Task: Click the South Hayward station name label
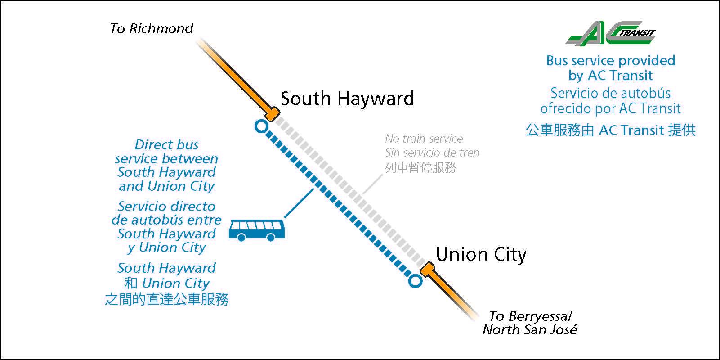[347, 99]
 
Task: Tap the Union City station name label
[481, 254]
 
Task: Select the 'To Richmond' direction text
[152, 29]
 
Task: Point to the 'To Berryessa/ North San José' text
[530, 323]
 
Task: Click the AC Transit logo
[610, 33]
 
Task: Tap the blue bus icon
[256, 230]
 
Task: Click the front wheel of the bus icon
[271, 238]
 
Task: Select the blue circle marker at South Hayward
[261, 126]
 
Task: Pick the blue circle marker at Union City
[415, 281]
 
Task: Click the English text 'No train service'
[424, 139]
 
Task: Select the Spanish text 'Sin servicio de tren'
[432, 153]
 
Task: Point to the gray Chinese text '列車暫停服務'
[420, 167]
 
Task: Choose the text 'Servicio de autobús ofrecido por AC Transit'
[610, 101]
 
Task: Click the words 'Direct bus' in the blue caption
[166, 145]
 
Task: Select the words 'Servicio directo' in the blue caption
[166, 206]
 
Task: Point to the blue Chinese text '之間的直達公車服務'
[166, 299]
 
